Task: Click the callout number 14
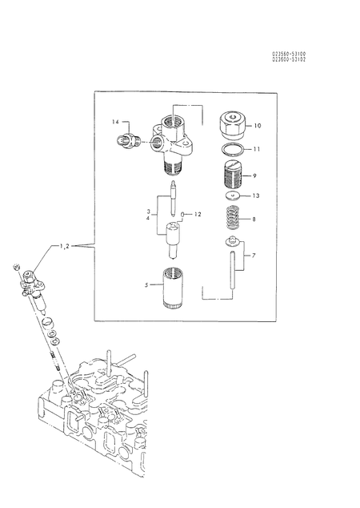point(115,122)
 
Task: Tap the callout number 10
point(258,126)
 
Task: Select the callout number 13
point(256,196)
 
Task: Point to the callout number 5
point(146,284)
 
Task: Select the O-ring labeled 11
point(231,149)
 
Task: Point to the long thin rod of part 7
point(230,272)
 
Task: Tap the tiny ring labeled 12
point(183,214)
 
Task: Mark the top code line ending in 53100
point(288,54)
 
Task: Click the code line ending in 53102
point(288,60)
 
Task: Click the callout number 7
point(255,256)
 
